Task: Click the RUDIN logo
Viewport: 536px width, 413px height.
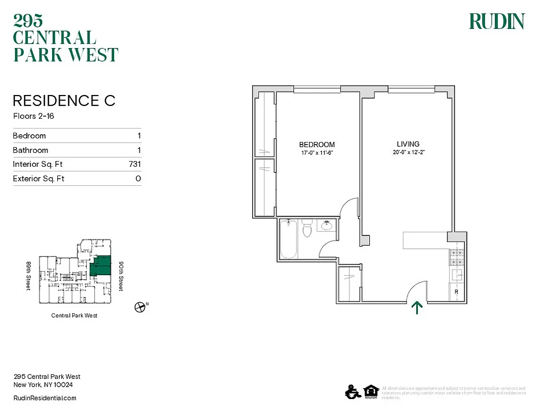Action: coord(496,21)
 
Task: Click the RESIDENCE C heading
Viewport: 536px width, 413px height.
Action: coord(64,101)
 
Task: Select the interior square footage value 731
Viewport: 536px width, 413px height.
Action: coord(135,165)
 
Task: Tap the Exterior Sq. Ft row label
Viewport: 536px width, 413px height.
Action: coord(39,179)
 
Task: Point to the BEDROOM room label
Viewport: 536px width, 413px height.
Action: coord(317,145)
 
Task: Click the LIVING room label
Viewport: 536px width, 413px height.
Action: coord(408,144)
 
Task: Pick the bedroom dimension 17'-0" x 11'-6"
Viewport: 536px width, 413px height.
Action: coord(317,153)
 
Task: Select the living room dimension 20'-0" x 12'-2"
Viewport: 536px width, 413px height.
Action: coord(408,152)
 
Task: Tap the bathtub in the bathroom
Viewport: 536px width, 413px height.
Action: coord(288,239)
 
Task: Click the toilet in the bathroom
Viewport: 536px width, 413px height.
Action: coord(307,229)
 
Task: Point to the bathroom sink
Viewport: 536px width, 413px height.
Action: coord(327,225)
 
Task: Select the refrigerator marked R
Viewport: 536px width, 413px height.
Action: coord(457,292)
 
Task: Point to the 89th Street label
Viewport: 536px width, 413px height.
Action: coord(29,275)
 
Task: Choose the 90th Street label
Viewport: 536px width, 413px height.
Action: coord(121,275)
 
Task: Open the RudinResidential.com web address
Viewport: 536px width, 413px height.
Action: coord(44,398)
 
